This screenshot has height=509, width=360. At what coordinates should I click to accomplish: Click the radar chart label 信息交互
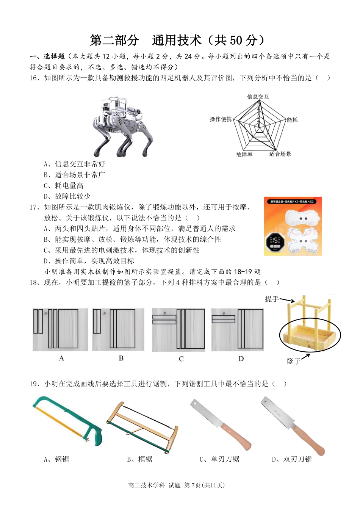(x=258, y=97)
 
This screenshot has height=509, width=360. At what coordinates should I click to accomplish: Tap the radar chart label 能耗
(x=292, y=120)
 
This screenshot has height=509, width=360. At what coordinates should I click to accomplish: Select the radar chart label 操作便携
(x=221, y=119)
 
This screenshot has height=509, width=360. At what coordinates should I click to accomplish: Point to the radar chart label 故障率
(x=244, y=155)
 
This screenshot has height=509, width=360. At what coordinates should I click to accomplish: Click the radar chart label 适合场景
(x=280, y=154)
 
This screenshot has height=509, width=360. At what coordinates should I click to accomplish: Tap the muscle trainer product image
(x=293, y=226)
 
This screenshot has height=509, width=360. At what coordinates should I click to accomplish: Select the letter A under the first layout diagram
(x=61, y=358)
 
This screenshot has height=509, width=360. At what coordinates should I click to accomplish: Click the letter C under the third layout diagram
(x=181, y=359)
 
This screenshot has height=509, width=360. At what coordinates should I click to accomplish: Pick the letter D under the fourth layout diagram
(x=241, y=359)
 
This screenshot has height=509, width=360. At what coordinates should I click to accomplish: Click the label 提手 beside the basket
(x=272, y=299)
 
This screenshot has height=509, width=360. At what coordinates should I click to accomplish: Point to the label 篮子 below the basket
(x=293, y=361)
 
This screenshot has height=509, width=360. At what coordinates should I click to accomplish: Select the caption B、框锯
(x=140, y=459)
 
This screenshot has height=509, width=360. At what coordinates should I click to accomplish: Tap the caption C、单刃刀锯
(x=219, y=459)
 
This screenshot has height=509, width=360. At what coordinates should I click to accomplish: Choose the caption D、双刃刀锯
(x=292, y=459)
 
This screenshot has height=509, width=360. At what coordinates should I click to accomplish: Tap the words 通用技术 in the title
(x=177, y=40)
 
